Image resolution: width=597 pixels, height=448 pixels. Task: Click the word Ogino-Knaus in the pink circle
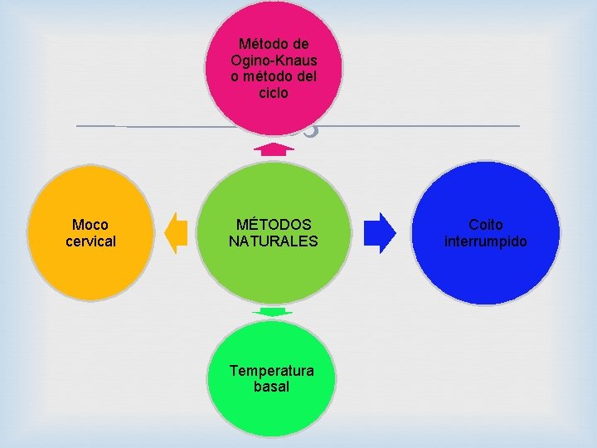[x=274, y=60]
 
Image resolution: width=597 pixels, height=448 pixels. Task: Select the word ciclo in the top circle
[x=274, y=93]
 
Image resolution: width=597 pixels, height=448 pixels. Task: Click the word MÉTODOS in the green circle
[x=274, y=225]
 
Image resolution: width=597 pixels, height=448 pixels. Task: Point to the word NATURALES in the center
[x=274, y=241]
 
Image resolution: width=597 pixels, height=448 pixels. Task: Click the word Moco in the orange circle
[x=90, y=225]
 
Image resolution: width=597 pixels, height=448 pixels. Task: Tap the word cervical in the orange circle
[x=90, y=241]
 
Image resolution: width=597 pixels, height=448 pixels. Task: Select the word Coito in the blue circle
[x=486, y=225]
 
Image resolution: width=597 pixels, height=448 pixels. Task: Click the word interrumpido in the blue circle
[x=486, y=241]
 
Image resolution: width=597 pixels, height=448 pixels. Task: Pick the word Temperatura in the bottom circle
[x=272, y=370]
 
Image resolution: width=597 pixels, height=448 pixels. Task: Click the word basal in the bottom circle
[x=272, y=387]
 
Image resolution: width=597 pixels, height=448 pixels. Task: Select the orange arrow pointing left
[x=176, y=232]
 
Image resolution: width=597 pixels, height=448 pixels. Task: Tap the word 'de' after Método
[x=302, y=43]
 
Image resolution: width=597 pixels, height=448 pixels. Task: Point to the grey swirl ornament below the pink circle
[x=308, y=129]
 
